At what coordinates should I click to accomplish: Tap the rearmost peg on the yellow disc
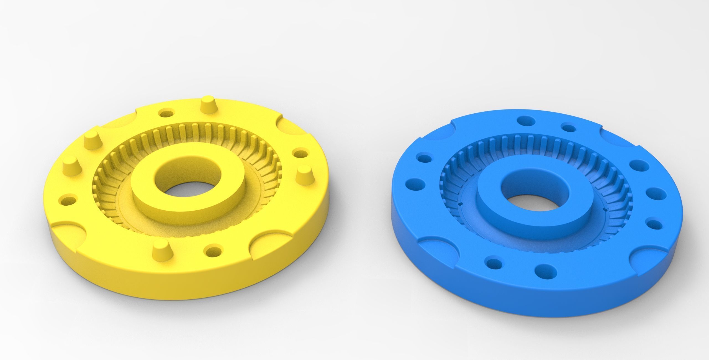tap(209, 105)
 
